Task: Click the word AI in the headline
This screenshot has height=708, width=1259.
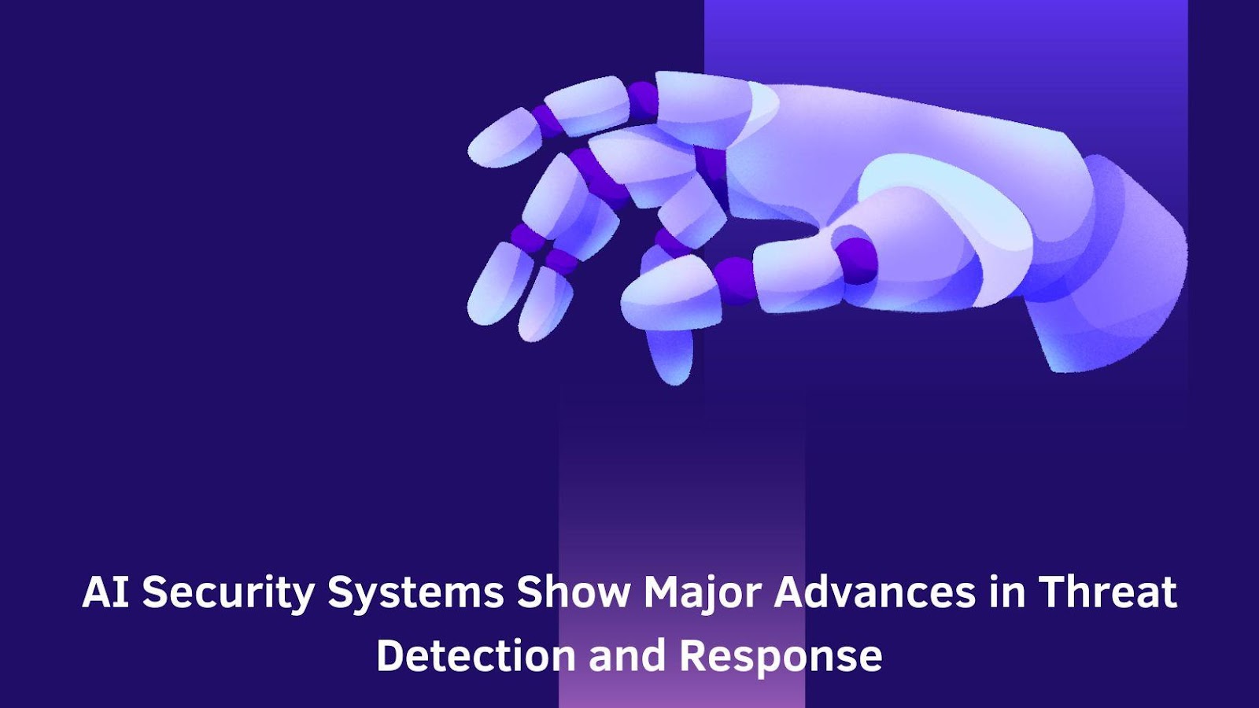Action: (105, 592)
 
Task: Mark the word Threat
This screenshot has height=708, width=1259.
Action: (1107, 592)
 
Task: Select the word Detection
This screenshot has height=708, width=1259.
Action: (475, 656)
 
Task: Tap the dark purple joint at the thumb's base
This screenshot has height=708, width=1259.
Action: (855, 260)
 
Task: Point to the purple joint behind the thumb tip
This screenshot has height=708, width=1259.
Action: (736, 279)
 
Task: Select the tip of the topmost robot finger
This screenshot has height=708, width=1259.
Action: (504, 138)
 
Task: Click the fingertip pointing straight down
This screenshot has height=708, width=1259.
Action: (670, 355)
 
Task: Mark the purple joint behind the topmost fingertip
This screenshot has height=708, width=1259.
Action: (547, 118)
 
